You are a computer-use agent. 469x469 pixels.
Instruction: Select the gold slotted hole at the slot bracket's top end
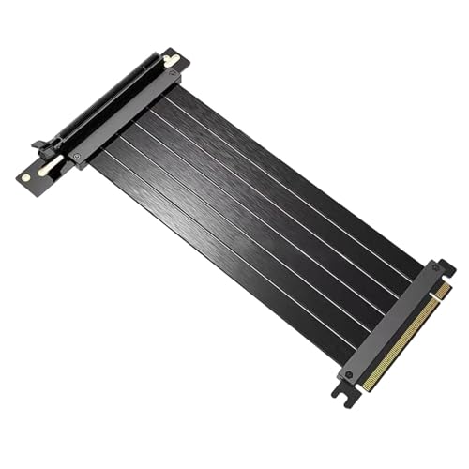pyautogui.click(x=171, y=61)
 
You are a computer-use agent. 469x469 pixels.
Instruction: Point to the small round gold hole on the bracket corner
pyautogui.click(x=26, y=174)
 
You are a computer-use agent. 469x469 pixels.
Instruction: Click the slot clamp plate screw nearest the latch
pyautogui.click(x=78, y=155)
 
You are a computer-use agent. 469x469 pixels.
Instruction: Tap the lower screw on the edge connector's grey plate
pyautogui.click(x=348, y=373)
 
